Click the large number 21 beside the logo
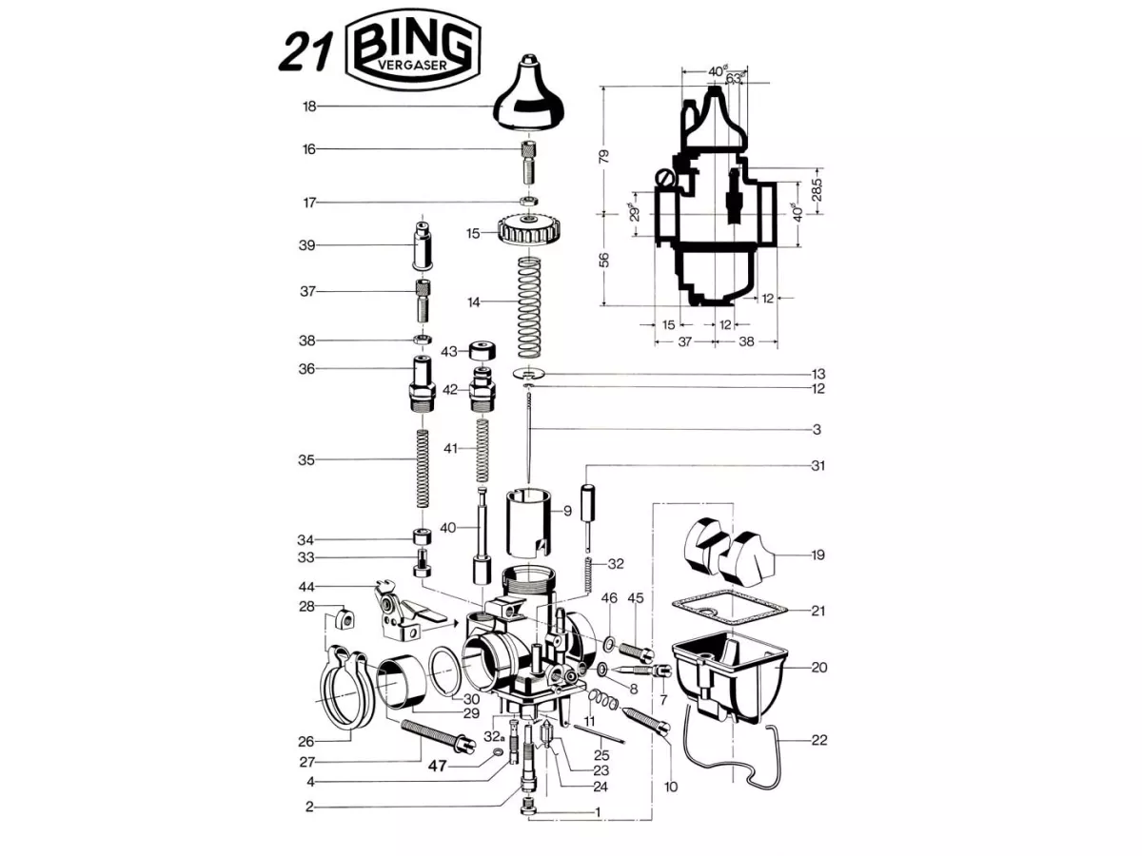click(305, 53)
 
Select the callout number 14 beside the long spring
click(473, 302)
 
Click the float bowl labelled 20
click(728, 678)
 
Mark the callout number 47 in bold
click(437, 766)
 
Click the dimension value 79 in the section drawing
click(604, 156)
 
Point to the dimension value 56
click(604, 260)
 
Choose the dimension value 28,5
click(817, 189)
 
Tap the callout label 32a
click(494, 737)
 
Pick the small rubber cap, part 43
click(482, 351)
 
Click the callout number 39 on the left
click(307, 245)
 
